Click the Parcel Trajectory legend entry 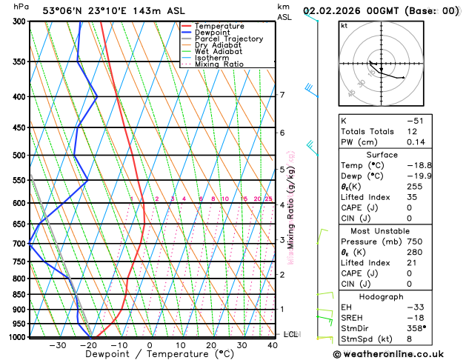coord(229,39)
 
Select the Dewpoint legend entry coord(212,33)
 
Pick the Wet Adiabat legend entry coord(220,51)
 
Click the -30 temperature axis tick coord(58,345)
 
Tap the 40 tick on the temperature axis coord(273,345)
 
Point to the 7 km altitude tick coord(282,95)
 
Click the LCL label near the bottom coord(290,335)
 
